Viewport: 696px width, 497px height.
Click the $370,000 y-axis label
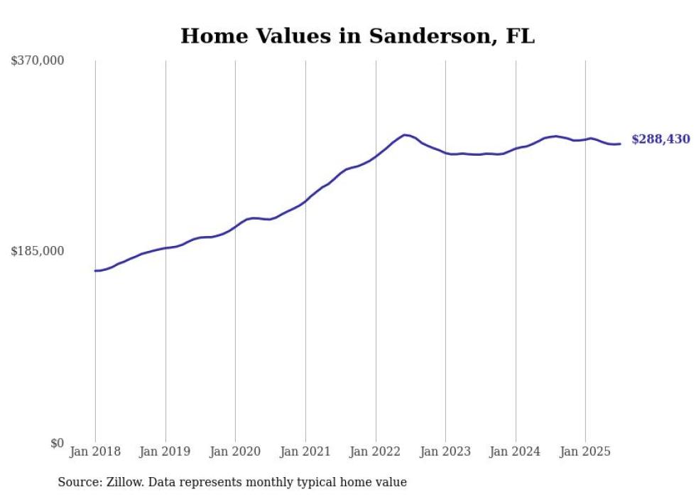38,61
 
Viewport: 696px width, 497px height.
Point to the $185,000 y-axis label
38,251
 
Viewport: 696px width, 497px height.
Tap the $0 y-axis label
57,443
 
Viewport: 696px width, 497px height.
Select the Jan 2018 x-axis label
95,451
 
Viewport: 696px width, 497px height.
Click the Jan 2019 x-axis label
165,451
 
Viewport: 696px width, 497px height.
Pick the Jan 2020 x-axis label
235,451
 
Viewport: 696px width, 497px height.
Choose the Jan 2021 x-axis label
305,451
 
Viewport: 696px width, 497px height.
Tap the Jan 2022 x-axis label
376,451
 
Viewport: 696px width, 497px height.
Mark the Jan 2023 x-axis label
445,451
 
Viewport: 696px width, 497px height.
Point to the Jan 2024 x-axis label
516,451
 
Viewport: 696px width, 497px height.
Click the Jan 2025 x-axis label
585,451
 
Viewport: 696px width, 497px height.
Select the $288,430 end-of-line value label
660,139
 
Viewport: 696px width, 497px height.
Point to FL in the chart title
520,36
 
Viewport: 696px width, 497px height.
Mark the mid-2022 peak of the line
404,134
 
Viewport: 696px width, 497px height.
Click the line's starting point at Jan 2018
95,270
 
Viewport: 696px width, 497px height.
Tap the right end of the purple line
621,144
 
